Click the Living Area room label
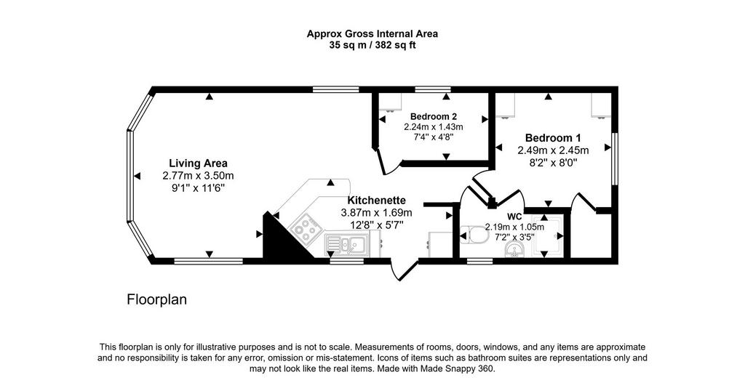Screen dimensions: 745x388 (198, 163)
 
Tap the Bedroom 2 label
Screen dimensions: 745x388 (434, 116)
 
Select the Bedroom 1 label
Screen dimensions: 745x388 (553, 138)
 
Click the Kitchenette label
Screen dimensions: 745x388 (376, 200)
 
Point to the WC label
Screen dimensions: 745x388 (514, 217)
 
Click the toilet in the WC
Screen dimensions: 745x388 (475, 234)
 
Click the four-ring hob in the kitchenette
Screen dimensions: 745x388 (303, 229)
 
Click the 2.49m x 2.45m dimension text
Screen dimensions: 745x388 (553, 150)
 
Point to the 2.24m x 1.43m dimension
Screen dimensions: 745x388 (434, 126)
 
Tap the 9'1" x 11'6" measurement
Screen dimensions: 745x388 (198, 188)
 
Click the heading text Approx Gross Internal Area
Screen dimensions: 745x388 (372, 33)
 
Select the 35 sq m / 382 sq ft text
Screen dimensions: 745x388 (372, 46)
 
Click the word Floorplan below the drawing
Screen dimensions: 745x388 (157, 300)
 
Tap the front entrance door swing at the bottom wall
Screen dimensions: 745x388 (402, 270)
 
